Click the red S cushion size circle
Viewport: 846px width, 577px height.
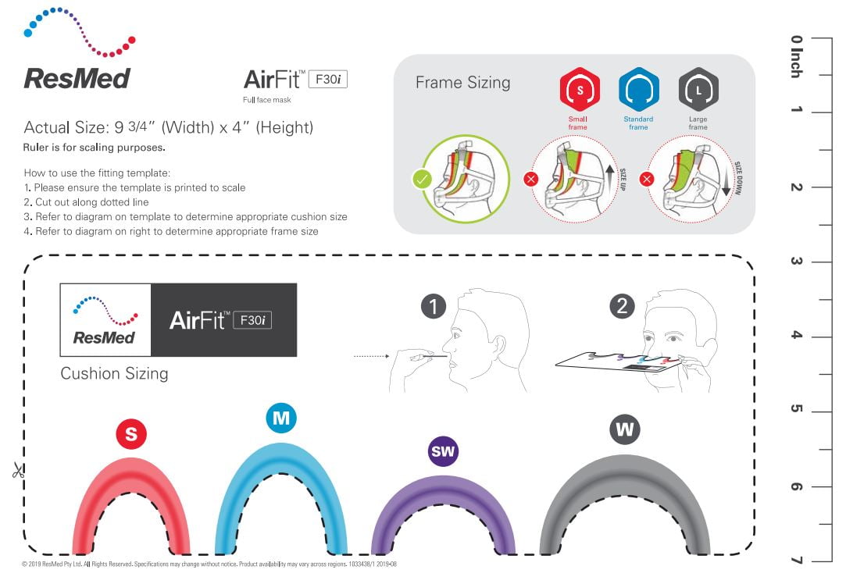click(x=131, y=433)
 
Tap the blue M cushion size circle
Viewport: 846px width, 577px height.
click(x=281, y=418)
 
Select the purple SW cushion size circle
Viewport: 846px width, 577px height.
click(x=443, y=451)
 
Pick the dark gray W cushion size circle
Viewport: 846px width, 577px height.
click(x=625, y=429)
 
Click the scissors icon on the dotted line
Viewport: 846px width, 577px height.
click(x=18, y=471)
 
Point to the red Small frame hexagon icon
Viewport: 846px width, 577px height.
click(x=580, y=90)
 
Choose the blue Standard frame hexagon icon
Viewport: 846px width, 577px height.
click(x=639, y=90)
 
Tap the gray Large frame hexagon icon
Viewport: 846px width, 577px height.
click(x=698, y=90)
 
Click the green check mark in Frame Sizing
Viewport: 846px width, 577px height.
click(x=422, y=179)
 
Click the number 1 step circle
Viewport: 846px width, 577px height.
click(x=434, y=306)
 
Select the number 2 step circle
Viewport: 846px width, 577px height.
click(x=622, y=306)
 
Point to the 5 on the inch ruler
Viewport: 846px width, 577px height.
click(x=796, y=408)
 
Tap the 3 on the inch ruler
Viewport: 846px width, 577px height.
click(x=796, y=261)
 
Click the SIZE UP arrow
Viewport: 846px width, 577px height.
click(x=609, y=180)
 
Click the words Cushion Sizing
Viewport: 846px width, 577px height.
click(x=114, y=374)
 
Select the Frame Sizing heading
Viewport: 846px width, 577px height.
click(x=463, y=83)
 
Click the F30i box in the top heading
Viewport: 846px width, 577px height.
click(x=328, y=80)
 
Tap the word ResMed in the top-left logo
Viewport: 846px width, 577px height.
click(x=77, y=78)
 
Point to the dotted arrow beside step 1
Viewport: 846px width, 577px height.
click(x=371, y=356)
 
